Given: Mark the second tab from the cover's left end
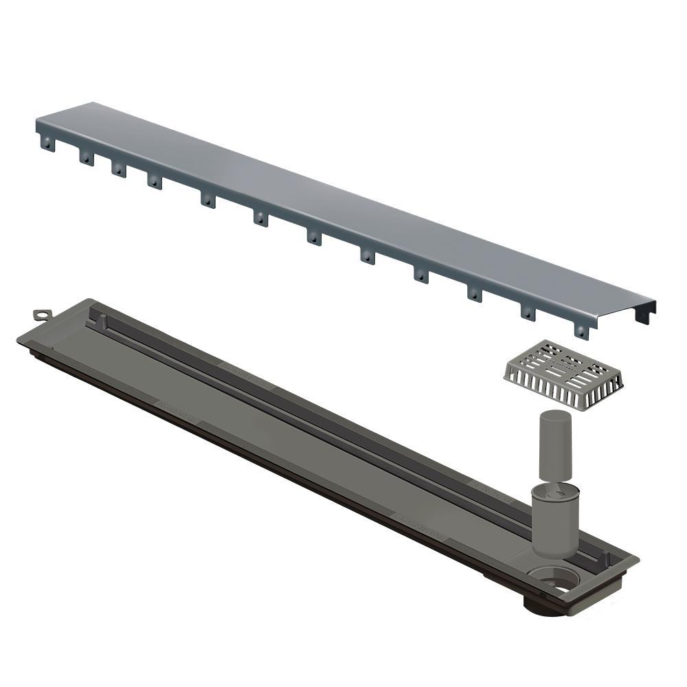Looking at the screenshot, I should coord(86,156).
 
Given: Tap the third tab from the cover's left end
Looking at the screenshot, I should coord(119,168).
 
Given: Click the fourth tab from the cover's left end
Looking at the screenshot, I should coord(154,180).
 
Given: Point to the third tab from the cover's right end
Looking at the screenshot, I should coord(475,293).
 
